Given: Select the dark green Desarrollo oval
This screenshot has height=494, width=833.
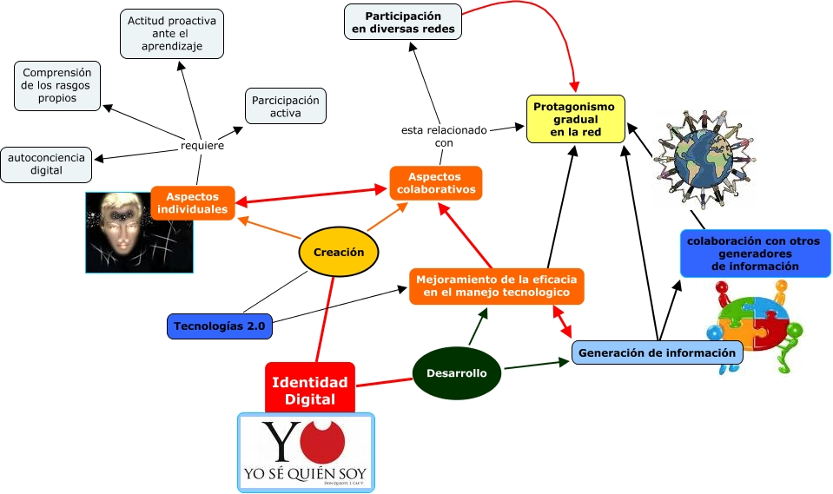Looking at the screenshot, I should [x=457, y=373].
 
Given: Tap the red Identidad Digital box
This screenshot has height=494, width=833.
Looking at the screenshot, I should [x=310, y=391].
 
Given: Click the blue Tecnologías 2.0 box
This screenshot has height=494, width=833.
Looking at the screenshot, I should [x=220, y=326].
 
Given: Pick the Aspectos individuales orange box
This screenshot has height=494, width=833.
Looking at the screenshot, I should [x=193, y=203].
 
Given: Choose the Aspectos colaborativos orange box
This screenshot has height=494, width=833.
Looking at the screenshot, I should [x=435, y=183].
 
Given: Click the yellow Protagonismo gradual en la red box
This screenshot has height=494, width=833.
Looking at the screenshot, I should [x=573, y=119].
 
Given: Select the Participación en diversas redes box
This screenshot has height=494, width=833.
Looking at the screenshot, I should [x=402, y=23].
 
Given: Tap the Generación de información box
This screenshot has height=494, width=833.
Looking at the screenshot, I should [x=658, y=353].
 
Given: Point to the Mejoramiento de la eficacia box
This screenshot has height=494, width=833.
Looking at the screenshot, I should [x=496, y=287].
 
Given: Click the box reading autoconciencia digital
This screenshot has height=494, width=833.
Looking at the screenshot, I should [x=46, y=164].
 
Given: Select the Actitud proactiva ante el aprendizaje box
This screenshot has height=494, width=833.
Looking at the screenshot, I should [x=171, y=34].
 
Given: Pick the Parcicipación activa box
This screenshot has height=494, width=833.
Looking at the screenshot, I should [x=285, y=107].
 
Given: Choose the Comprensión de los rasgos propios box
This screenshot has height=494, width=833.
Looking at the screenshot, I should [x=57, y=86].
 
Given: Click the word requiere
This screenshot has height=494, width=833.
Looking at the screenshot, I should [x=202, y=146].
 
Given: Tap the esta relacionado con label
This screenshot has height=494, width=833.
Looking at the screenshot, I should [x=444, y=136].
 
